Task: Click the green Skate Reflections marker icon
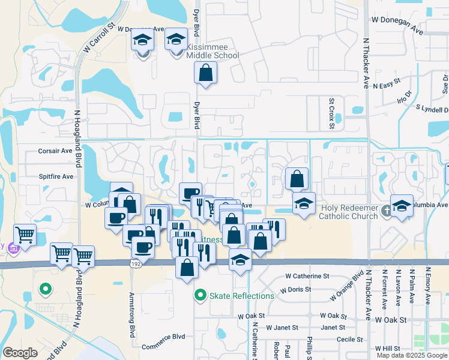(x=200, y=296)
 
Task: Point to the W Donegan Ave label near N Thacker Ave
(x=398, y=19)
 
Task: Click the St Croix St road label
(x=331, y=114)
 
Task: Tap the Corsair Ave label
(x=55, y=152)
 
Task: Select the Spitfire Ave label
(x=56, y=177)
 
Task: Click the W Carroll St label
(x=99, y=40)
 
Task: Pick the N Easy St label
(x=386, y=86)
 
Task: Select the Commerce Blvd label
(x=163, y=346)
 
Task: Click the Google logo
(x=20, y=353)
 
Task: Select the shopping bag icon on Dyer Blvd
(x=205, y=73)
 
